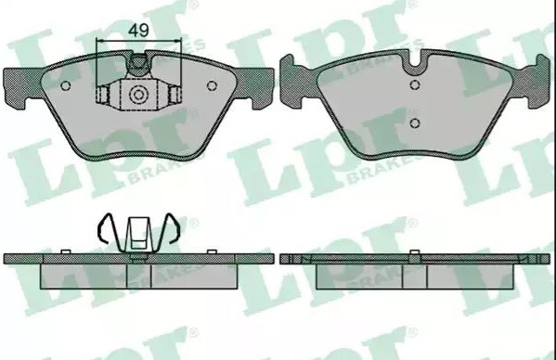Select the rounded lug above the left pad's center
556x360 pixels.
pos(138,63)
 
